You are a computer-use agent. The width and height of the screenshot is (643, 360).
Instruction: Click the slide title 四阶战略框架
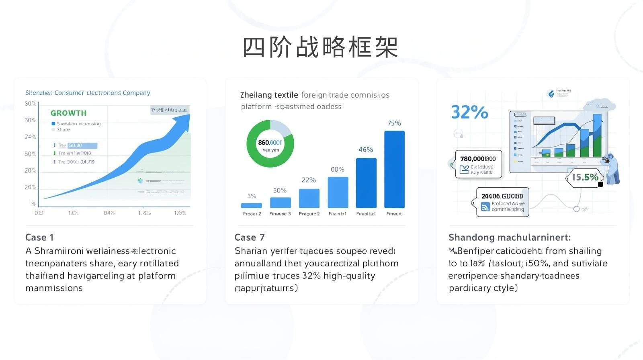(x=320, y=47)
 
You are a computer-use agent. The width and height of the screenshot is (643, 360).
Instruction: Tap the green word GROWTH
(x=68, y=113)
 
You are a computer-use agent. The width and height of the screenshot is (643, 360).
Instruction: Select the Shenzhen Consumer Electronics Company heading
(x=88, y=93)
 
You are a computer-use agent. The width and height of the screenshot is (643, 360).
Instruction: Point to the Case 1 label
(x=39, y=237)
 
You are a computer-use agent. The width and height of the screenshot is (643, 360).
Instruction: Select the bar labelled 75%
(x=394, y=169)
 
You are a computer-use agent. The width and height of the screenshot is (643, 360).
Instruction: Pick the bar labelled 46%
(x=366, y=183)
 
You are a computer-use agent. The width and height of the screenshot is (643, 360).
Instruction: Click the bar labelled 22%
(x=309, y=198)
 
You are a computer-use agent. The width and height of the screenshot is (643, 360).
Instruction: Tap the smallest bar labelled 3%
(x=252, y=205)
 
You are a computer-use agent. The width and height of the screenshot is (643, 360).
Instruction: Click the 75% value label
(x=394, y=123)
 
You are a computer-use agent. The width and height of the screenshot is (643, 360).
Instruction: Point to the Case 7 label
(x=250, y=237)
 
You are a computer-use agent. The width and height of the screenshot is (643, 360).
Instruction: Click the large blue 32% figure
(x=469, y=112)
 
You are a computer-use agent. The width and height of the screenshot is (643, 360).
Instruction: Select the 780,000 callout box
(x=478, y=164)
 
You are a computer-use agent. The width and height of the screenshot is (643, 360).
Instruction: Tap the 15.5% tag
(x=585, y=177)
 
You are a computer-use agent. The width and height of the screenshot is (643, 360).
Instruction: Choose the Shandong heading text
(x=509, y=237)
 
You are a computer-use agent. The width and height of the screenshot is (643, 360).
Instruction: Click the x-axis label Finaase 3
(x=280, y=214)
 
